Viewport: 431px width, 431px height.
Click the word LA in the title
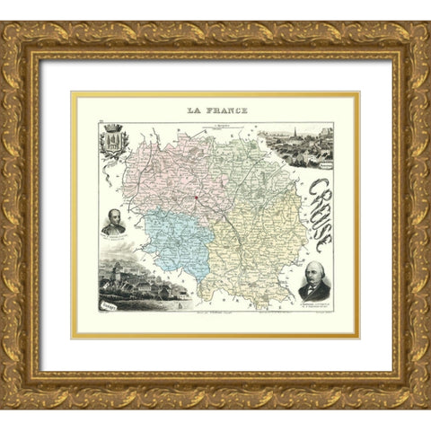193,111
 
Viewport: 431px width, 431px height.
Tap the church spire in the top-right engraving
305,134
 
